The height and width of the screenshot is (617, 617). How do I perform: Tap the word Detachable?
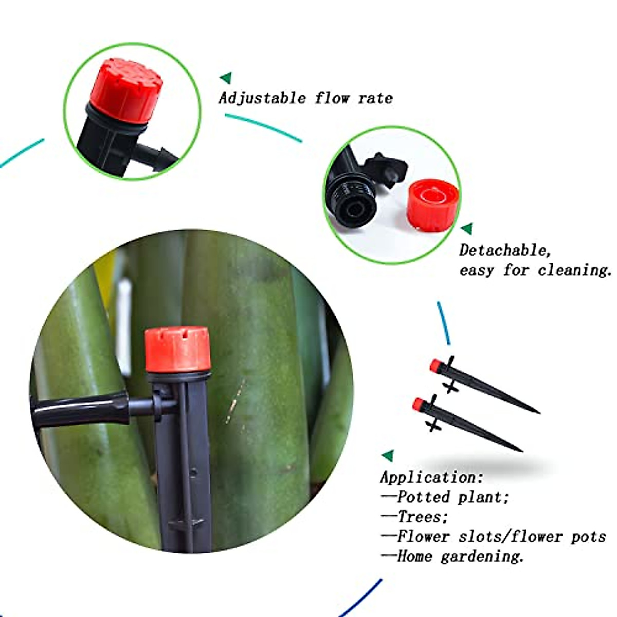[505, 250]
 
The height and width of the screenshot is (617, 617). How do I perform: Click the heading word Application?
[431, 477]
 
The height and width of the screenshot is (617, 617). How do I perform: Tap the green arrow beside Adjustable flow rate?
[226, 78]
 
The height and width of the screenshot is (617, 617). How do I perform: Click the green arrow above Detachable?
[467, 229]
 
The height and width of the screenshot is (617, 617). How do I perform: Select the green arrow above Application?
[387, 456]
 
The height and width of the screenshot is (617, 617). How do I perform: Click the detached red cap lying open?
[432, 205]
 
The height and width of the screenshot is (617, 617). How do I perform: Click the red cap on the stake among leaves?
[177, 349]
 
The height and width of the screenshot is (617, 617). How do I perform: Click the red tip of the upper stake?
[436, 366]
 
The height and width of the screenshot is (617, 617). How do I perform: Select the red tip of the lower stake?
[419, 404]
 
